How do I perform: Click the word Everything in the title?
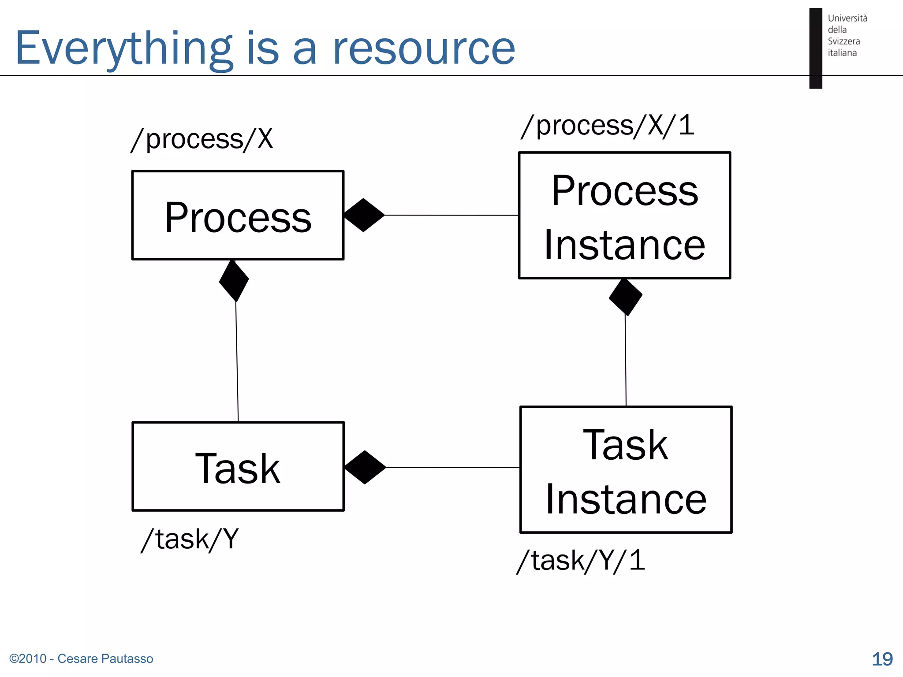[123, 48]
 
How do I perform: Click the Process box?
[238, 216]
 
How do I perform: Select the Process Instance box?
[624, 216]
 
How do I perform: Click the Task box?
[238, 467]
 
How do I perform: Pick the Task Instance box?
[626, 470]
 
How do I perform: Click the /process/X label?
[202, 140]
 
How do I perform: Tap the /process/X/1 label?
[607, 126]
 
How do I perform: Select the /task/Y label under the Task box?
[190, 539]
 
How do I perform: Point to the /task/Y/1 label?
[581, 561]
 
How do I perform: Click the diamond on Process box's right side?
[364, 215]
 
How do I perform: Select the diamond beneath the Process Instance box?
[625, 297]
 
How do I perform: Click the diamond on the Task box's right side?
[365, 467]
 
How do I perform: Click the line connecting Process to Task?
[237, 361]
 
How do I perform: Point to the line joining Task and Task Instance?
[452, 467]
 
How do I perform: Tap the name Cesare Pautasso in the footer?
[105, 658]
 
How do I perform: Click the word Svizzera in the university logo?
[843, 41]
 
